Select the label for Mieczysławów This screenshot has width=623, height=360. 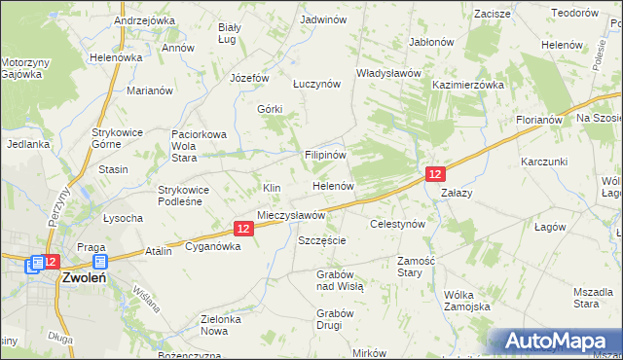290,215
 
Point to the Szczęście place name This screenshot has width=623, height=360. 322,240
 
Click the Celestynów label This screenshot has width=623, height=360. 398,224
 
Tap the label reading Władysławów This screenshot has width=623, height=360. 387,73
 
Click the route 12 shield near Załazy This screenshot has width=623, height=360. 435,173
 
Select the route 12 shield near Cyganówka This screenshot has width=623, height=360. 243,228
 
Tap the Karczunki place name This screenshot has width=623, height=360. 543,161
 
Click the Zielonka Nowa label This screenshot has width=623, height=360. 220,325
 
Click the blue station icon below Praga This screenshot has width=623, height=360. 99,263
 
